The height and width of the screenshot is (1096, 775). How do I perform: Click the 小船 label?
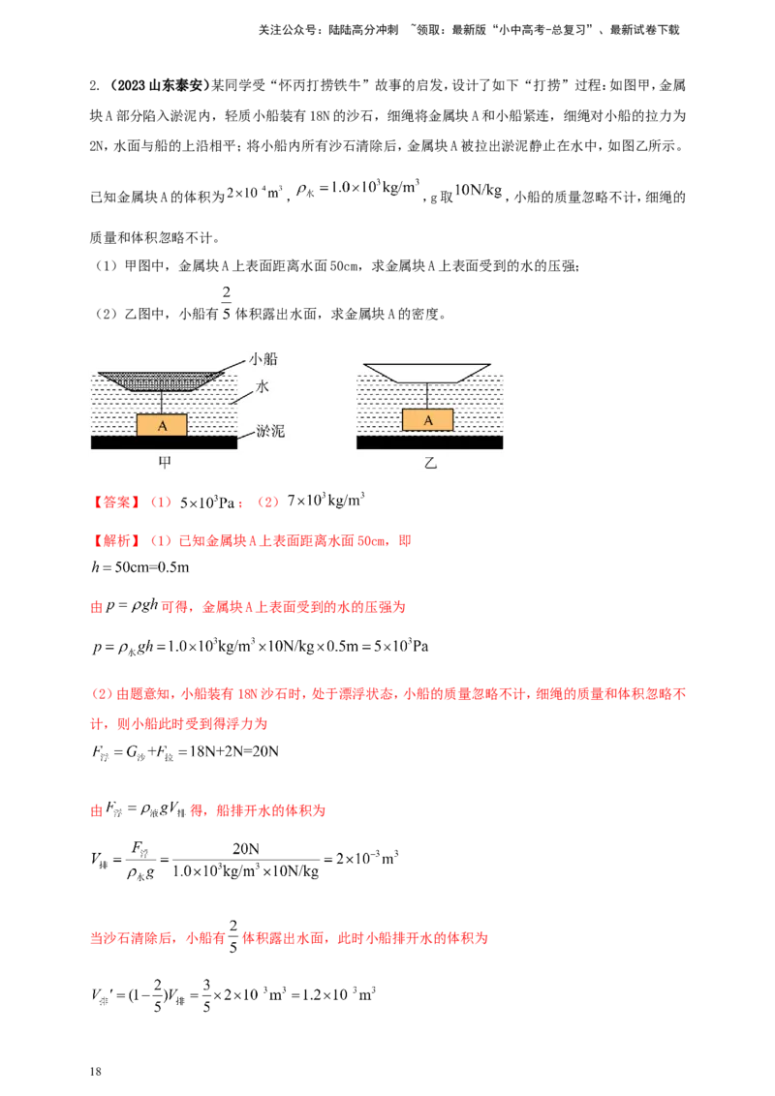(x=263, y=358)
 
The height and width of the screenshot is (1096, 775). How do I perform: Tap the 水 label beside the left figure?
(x=263, y=385)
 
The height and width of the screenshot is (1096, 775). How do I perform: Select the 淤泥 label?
(x=270, y=431)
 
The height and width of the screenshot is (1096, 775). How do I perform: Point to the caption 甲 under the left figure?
(x=164, y=463)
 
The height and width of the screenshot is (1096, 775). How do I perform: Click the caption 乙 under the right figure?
(x=430, y=463)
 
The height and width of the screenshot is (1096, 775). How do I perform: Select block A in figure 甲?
(x=161, y=425)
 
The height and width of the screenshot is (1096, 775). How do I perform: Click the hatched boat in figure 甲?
(x=161, y=381)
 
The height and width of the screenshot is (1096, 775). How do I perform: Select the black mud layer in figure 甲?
(x=164, y=442)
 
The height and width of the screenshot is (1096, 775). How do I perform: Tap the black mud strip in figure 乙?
(x=430, y=442)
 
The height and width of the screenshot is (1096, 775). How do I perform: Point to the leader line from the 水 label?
(x=245, y=395)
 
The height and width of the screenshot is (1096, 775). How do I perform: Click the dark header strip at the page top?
(x=469, y=31)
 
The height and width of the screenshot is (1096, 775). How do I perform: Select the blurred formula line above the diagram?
(x=363, y=191)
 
